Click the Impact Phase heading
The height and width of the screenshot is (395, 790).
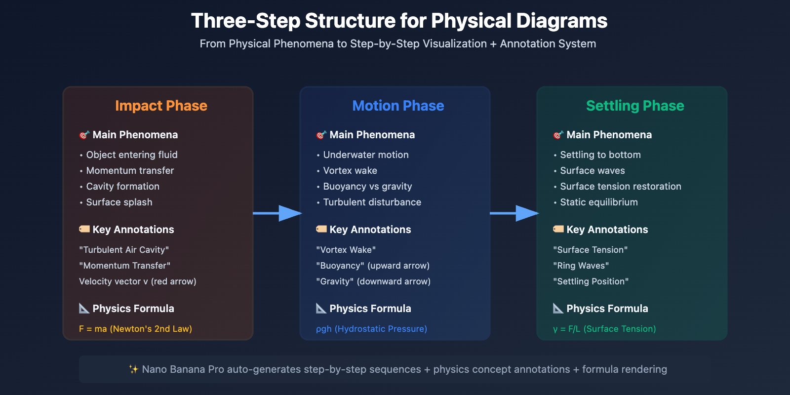coord(161,106)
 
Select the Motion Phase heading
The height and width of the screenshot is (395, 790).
coord(398,106)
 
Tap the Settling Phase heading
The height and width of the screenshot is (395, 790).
coord(635,106)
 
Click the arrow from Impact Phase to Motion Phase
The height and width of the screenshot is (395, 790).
coord(277,213)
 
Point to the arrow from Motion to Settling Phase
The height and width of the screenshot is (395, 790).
coord(514,213)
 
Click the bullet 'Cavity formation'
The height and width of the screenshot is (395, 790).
coord(123,186)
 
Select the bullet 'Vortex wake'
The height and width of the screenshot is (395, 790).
coord(350,171)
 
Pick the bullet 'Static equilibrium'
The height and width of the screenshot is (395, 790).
coord(599,202)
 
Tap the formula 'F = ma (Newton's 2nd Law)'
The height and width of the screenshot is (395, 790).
coord(135,329)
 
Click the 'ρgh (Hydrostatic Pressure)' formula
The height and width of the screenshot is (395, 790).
coord(371,329)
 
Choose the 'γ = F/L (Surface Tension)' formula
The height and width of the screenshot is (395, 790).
coord(604,329)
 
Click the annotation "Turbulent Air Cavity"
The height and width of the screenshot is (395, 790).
coord(124,250)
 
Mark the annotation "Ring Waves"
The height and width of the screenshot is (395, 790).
coord(581,266)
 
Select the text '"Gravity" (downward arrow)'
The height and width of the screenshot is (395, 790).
coord(373,281)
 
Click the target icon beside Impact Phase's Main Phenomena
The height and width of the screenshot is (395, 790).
coord(84,135)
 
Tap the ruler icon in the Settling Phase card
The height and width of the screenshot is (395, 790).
coord(558,308)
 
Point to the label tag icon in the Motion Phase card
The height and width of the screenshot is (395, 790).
coord(321,229)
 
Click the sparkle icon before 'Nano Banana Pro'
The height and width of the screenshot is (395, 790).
coord(133,369)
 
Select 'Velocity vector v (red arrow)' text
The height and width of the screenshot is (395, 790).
coord(138,281)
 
